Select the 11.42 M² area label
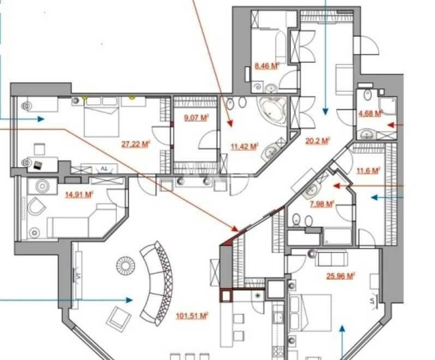(x=244, y=147)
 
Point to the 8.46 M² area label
(x=268, y=66)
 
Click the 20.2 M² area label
(x=317, y=140)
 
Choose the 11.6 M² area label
(x=368, y=170)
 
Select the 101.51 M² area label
(x=192, y=316)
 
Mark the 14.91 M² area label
(x=79, y=195)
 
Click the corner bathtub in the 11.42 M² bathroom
(x=272, y=109)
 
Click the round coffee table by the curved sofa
(x=125, y=266)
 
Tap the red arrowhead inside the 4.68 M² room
(x=391, y=125)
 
